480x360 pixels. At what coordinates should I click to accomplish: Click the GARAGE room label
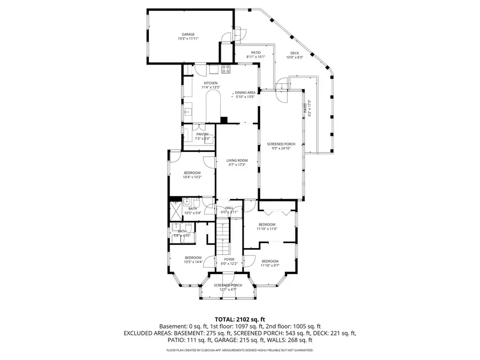188,36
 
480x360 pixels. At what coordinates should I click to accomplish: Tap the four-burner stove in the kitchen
226,68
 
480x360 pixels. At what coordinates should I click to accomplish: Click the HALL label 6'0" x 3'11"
229,210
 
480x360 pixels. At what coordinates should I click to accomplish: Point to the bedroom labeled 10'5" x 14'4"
193,259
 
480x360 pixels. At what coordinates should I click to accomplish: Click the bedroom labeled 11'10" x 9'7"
270,262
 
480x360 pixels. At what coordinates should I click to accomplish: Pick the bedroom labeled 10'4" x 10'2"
192,174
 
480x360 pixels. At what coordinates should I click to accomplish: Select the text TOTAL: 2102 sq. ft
240,319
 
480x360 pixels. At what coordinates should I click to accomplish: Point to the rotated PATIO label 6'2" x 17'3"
307,109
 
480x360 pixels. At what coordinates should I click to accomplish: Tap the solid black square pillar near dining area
224,119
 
